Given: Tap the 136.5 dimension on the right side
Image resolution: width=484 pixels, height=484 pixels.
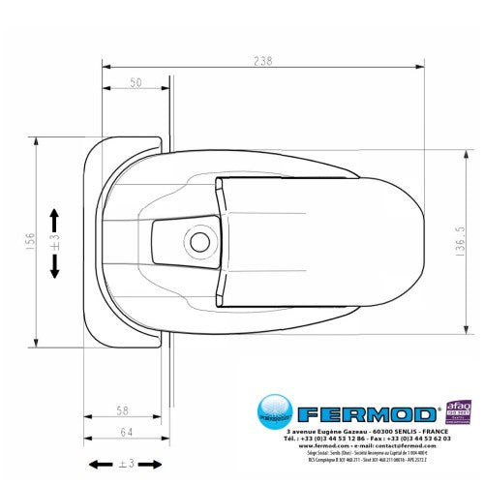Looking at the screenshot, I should (460, 240).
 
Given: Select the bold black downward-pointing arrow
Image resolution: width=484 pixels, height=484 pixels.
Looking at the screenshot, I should (54, 267).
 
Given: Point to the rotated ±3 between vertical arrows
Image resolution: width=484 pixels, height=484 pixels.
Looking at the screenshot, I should (55, 241).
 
